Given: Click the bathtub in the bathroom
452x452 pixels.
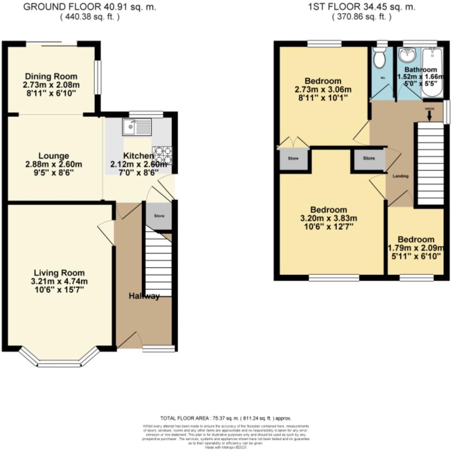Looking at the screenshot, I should pos(432,71).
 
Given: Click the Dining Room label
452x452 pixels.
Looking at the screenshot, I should pos(51,76).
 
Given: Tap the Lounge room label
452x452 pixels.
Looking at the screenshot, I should pos(54,156).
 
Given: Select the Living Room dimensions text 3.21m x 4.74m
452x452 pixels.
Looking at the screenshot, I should pos(59,281).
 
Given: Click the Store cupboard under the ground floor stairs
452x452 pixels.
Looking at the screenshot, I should pos(159,216).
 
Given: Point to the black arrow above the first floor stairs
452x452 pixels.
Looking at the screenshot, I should pos(429,116).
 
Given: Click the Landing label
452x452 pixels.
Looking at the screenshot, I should pos(400,176).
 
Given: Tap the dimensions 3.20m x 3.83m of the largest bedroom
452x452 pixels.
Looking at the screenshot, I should pos(329,218).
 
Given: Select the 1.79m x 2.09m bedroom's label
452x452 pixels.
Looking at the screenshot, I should pos(416,239).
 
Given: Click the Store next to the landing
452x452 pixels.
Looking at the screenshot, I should pos(369,158).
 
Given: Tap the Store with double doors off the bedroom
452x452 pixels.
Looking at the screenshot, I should pos(293,159).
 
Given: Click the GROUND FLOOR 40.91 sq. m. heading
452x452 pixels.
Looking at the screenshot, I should pos(90,7).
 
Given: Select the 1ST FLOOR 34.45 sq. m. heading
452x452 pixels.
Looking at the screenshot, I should pos(362,7).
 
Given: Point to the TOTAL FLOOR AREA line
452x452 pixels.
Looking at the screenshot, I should pos(226,418).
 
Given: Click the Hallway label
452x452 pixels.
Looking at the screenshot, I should pos(144,296).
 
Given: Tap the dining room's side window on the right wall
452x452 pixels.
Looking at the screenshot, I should pos(98,77).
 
